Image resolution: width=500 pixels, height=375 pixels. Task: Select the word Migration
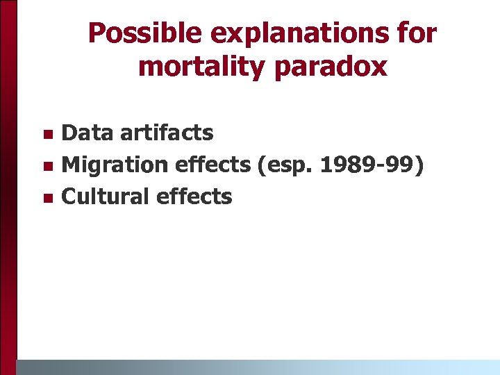115,165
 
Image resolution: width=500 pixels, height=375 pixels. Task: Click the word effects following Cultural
194,197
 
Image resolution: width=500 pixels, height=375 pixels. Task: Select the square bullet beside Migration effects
47,166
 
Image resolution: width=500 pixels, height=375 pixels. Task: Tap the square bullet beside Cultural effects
47,198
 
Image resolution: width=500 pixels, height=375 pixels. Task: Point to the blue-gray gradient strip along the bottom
257,367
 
